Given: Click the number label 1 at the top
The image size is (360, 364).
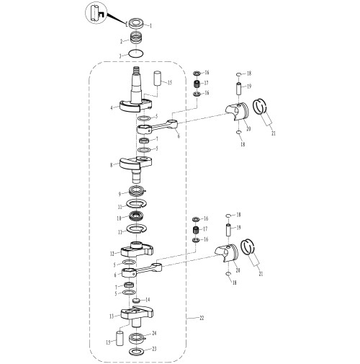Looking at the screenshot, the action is click(150, 26).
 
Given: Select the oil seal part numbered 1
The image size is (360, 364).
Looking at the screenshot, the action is click(137, 24).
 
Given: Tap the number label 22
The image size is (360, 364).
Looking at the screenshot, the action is click(202, 318).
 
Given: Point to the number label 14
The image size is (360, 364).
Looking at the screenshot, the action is click(148, 300).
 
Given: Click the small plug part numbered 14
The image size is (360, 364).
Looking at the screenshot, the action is click(136, 301).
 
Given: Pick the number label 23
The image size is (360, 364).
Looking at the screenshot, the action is click(154, 349).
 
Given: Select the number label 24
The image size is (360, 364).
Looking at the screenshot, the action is click(154, 333).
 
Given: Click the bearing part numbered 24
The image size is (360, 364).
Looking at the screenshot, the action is click(137, 339).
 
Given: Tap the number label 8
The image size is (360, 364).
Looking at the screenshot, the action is click(111, 165).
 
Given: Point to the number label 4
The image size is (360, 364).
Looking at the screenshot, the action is click(112, 108).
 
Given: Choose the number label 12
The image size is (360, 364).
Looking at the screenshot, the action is click(112, 254).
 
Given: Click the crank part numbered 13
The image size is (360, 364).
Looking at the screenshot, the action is click(137, 316).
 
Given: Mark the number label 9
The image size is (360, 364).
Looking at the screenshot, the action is click(120, 194).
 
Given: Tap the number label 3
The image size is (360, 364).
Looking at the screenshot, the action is click(120, 56).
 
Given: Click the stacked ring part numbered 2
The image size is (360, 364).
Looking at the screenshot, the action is click(137, 38).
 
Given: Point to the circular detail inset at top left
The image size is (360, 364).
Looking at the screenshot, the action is click(96, 12).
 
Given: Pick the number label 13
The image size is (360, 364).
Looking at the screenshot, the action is click(112, 316).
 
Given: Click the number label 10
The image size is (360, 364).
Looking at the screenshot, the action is click(119, 218).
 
